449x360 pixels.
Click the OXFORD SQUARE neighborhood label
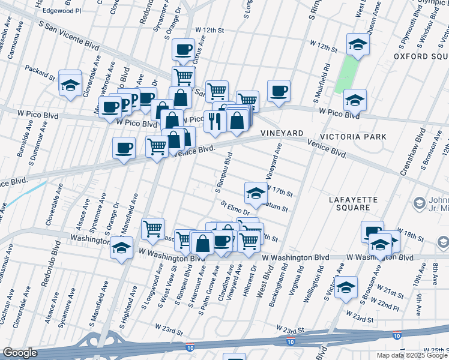pos(421,56)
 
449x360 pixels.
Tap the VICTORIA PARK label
pos(352,137)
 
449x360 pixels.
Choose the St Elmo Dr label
pos(235,208)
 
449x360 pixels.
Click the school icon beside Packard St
pos(70,85)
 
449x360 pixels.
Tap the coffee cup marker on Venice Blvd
pos(124,148)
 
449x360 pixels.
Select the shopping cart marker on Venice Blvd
pos(157,146)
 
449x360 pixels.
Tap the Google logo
pos(20,353)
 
